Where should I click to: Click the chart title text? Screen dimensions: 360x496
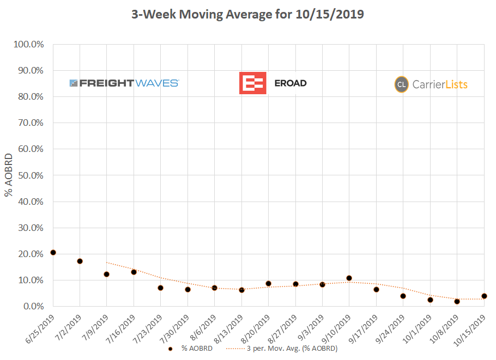(x=247, y=15)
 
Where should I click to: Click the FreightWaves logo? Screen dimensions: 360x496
(x=124, y=83)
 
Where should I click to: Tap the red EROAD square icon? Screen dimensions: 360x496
(x=252, y=83)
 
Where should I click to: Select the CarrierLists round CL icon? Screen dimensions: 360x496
(x=402, y=84)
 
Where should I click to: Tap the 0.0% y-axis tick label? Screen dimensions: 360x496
(x=32, y=307)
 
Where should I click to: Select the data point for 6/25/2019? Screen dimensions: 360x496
(x=53, y=253)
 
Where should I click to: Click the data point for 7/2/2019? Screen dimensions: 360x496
(x=80, y=261)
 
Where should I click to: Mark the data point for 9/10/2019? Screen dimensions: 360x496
(x=349, y=278)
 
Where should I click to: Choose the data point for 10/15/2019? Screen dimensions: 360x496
(x=484, y=296)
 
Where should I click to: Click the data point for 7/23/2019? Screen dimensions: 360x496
(x=160, y=288)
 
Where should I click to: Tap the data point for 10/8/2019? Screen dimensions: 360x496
(x=457, y=301)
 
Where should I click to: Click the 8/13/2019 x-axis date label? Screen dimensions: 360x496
(x=231, y=326)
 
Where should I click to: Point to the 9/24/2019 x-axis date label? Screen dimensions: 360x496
(x=392, y=326)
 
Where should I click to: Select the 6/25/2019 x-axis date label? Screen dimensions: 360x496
(x=42, y=326)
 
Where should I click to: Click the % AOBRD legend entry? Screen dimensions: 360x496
(x=191, y=348)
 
